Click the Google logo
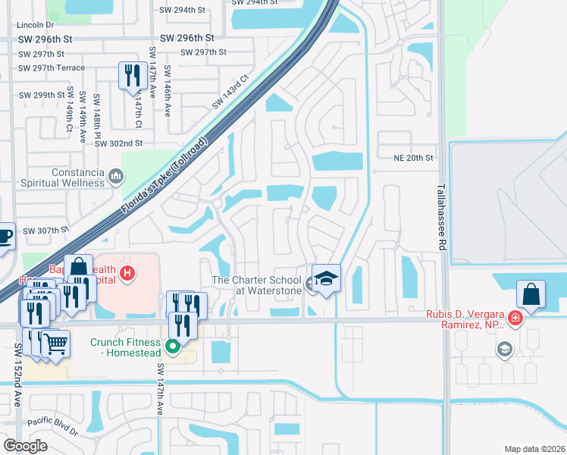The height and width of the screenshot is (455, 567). coord(25,445)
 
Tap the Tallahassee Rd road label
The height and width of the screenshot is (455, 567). coord(440,217)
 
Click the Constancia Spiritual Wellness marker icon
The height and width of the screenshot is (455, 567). coord(116,177)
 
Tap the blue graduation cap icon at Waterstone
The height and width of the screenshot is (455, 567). coord(326,279)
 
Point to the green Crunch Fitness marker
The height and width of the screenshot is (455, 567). coord(173,348)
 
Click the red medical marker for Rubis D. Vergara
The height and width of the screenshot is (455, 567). coord(515,317)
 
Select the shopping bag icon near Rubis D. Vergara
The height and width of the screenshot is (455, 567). coord(531,294)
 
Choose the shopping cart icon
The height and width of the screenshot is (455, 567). coord(55,344)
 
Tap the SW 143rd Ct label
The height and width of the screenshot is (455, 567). coord(230,92)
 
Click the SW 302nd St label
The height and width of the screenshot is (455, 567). coord(119,143)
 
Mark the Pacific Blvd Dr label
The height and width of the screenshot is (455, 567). coord(52,426)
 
